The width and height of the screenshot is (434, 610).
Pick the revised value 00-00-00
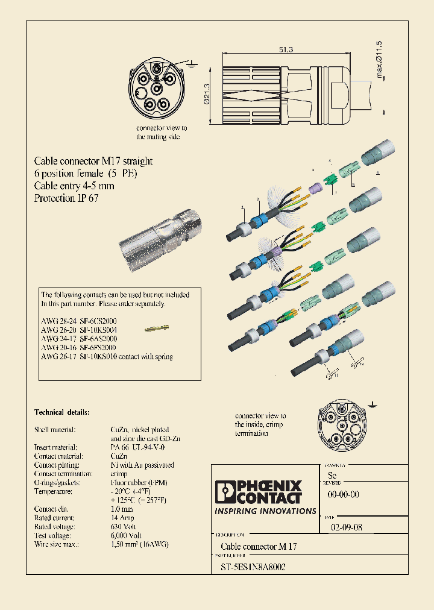point(343,494)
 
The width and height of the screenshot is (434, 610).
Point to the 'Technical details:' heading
point(61,412)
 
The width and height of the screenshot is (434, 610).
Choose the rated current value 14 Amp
point(122,518)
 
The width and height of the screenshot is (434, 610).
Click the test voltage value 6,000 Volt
point(126,535)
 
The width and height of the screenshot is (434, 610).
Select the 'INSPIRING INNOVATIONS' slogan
point(265,511)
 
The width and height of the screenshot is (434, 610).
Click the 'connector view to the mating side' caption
point(161,133)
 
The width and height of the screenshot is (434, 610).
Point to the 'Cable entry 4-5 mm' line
point(74,186)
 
